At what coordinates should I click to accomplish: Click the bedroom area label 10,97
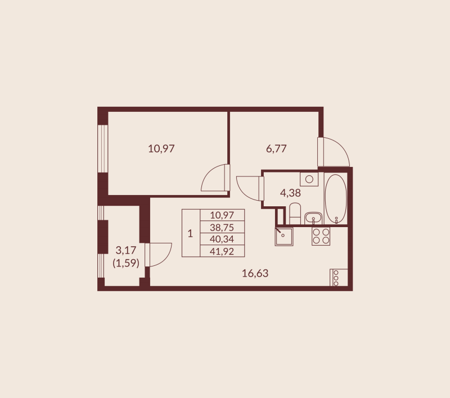tap(161, 149)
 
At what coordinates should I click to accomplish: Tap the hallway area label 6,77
tap(277, 149)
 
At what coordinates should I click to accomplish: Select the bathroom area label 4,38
tap(290, 193)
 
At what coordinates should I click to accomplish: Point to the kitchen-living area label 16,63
tap(255, 274)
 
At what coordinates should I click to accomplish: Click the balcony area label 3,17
tap(126, 249)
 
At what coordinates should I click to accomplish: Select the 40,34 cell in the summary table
tap(222, 238)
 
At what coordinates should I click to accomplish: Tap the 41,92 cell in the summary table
tap(222, 251)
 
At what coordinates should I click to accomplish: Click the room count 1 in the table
tap(190, 233)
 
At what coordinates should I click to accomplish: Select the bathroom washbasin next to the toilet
tap(312, 218)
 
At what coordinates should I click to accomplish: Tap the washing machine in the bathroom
tap(309, 179)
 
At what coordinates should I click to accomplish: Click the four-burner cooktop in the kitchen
tap(321, 236)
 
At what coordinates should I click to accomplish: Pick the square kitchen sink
tap(283, 236)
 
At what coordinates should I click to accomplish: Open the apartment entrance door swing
tap(333, 152)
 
